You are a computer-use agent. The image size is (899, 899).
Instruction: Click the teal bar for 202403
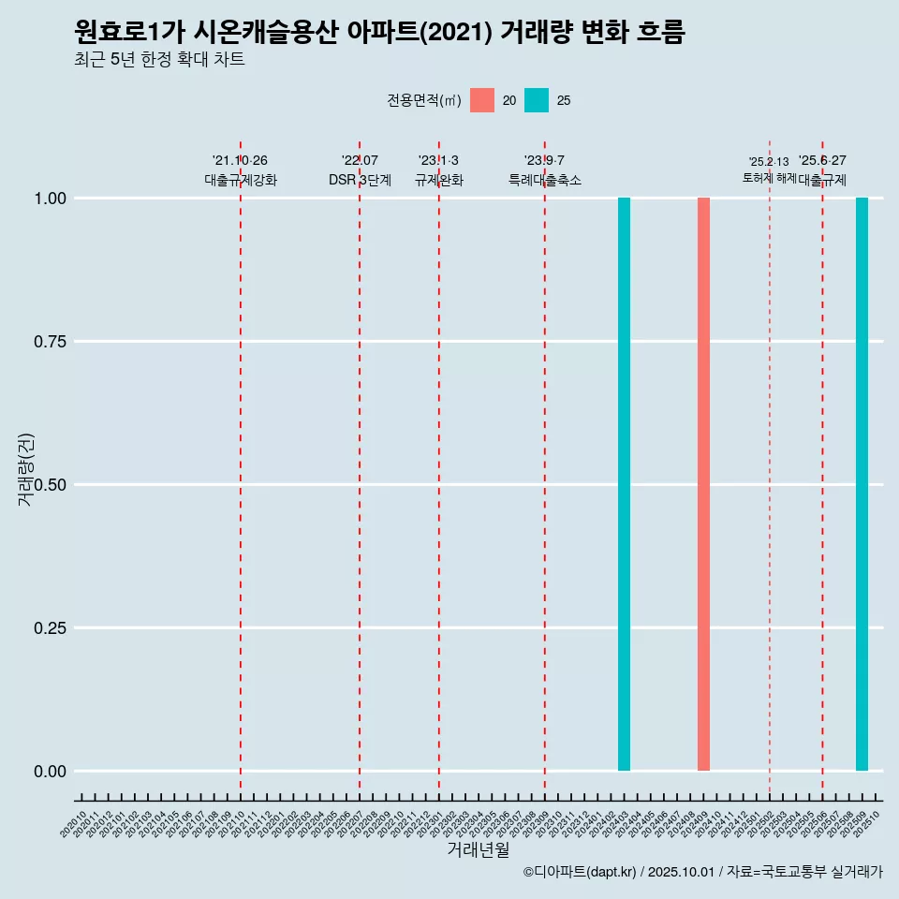point(624,484)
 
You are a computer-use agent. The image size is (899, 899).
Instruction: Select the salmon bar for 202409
point(703,484)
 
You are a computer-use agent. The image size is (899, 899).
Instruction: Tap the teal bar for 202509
point(862,484)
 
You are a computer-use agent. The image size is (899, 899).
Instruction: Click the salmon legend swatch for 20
point(482,100)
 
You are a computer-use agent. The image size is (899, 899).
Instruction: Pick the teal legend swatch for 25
point(537,100)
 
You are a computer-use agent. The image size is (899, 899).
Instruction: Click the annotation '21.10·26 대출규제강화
point(241,170)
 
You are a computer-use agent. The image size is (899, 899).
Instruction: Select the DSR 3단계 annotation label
point(360,180)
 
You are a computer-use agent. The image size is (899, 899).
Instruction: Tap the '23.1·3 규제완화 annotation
point(438,170)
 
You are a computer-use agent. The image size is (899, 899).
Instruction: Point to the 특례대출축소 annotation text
point(545,180)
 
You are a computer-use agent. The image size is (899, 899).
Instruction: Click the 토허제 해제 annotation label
point(769,177)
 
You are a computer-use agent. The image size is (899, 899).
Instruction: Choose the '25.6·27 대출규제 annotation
point(822,170)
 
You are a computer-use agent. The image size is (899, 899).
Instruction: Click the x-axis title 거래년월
point(478,849)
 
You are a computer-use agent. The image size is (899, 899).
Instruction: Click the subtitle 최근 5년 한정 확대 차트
point(159,60)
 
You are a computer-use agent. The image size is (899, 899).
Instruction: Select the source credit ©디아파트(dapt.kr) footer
point(702,873)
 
